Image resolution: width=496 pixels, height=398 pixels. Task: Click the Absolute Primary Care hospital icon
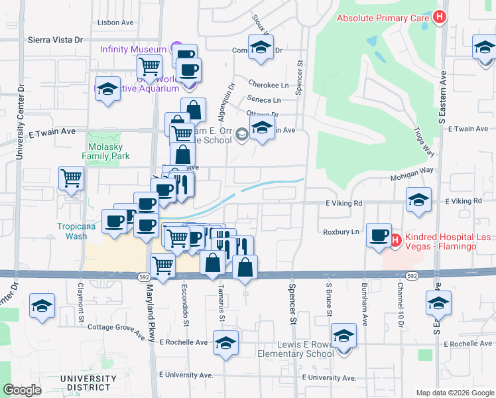438,17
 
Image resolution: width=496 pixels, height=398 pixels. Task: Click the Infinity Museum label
133,49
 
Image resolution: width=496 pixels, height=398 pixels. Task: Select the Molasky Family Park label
106,151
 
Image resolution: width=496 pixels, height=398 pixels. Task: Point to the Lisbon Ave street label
115,22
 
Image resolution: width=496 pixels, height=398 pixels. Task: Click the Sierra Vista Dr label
55,40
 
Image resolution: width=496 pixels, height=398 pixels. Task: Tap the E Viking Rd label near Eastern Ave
464,201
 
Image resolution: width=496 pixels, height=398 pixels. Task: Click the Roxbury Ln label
341,232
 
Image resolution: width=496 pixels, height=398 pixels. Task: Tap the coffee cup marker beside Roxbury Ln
379,235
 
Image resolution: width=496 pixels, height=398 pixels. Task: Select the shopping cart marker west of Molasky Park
72,178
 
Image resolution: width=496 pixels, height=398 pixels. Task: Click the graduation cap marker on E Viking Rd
418,200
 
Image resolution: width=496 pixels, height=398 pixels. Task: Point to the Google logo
22,390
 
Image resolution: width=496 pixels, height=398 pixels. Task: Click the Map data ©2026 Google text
455,393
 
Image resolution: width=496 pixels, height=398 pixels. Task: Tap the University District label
85,383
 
